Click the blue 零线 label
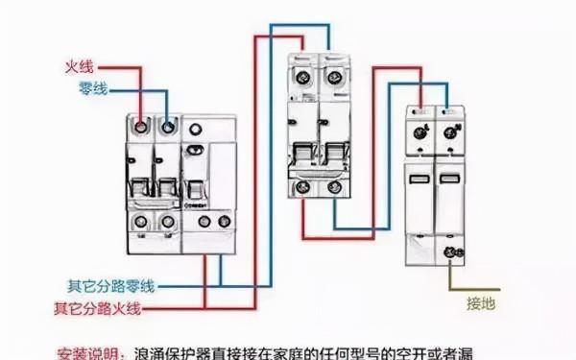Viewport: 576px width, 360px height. (x=92, y=88)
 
